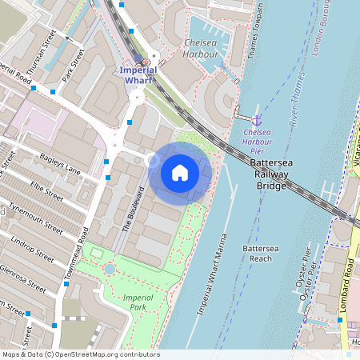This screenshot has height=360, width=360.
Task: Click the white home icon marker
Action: (x=180, y=172)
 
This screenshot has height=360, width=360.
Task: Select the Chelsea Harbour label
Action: (x=201, y=48)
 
